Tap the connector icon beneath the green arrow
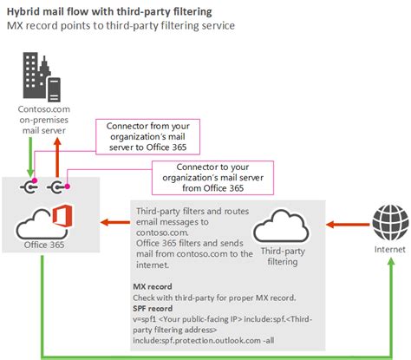(32, 186)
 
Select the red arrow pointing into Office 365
(114, 224)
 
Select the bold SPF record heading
(154, 307)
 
